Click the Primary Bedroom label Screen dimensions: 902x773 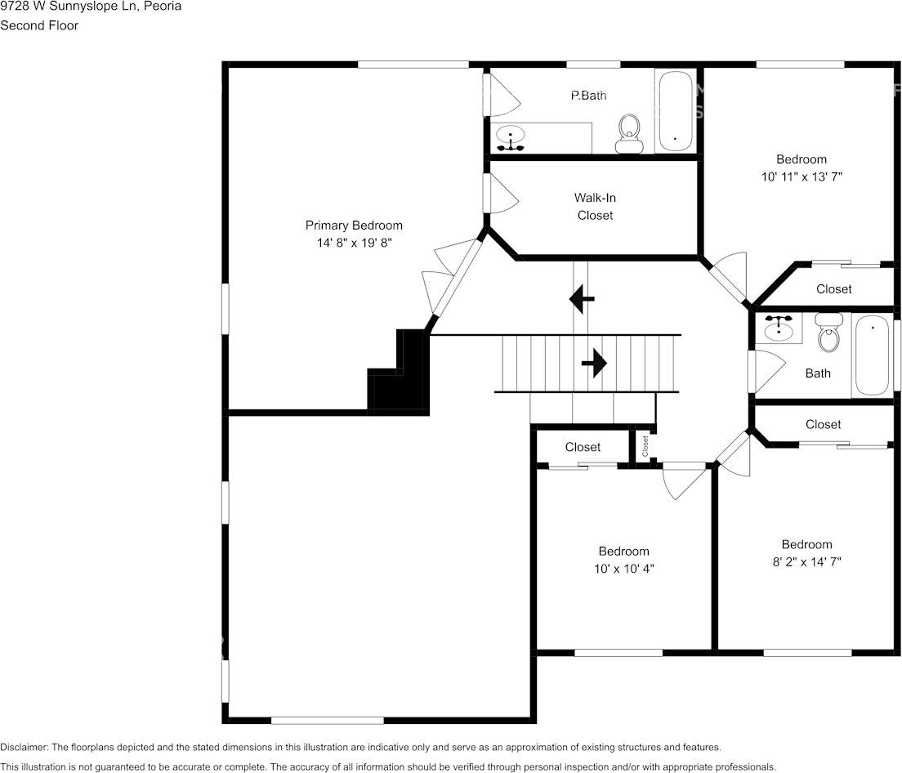(354, 226)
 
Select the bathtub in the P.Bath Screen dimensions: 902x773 (675, 111)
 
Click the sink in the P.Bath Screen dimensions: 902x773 (511, 137)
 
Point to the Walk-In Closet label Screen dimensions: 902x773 (595, 207)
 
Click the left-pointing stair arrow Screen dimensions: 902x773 (582, 298)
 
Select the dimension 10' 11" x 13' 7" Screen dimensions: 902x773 (802, 177)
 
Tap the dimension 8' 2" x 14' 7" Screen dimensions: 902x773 (806, 562)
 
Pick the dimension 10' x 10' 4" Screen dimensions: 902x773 (624, 569)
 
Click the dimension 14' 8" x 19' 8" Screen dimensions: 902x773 (354, 243)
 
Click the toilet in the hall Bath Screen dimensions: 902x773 (829, 333)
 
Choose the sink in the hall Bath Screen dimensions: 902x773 (779, 328)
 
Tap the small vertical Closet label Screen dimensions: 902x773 (645, 445)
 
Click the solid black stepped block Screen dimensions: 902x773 (399, 371)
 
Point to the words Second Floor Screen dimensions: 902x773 (39, 25)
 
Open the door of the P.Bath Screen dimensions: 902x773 (502, 95)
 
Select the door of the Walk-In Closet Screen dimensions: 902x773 (501, 193)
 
